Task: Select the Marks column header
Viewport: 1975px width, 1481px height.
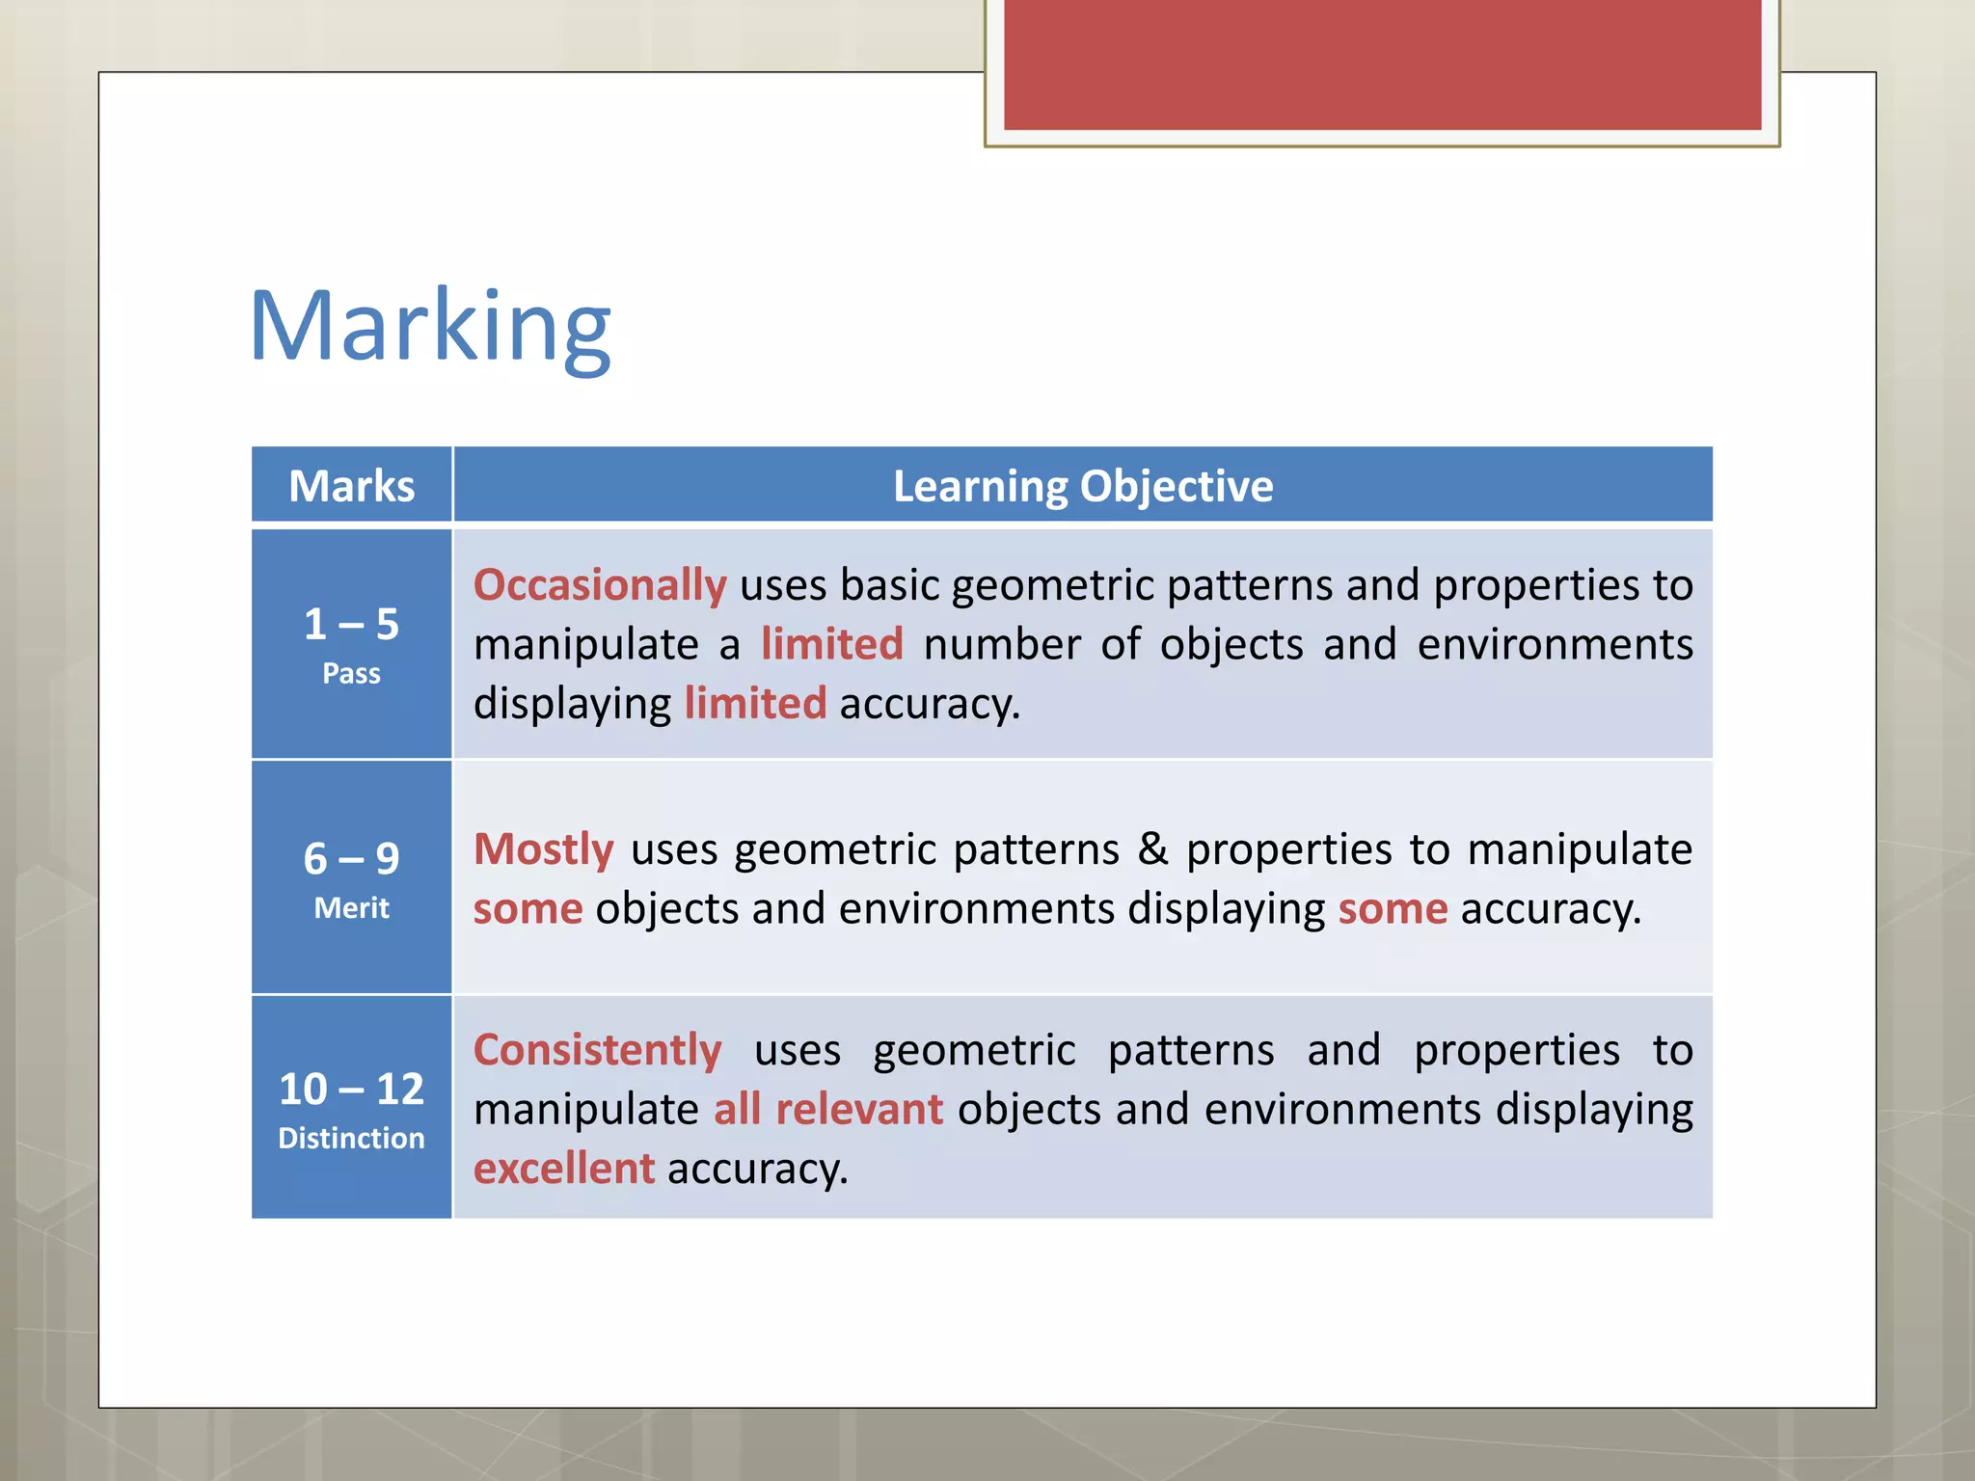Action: pos(351,486)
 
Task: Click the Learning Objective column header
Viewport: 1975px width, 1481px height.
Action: pos(1082,486)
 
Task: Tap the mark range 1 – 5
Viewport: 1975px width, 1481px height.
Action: pos(351,624)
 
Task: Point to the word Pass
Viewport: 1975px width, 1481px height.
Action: pos(351,673)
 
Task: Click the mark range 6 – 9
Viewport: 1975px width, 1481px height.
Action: pos(351,858)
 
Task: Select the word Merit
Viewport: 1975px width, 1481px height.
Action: pos(351,907)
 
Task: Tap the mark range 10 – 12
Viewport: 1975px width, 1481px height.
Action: pos(351,1089)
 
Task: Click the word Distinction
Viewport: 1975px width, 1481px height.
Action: pos(351,1138)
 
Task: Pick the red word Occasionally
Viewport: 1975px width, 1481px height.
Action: pos(599,585)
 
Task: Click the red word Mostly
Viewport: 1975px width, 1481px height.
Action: pos(543,849)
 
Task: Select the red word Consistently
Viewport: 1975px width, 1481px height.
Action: pos(597,1050)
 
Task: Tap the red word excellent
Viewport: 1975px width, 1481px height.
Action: pos(563,1169)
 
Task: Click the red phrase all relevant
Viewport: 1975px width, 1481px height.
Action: pos(827,1109)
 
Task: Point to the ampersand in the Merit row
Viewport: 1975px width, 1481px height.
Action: pos(1152,849)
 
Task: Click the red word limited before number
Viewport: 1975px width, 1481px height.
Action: pos(831,644)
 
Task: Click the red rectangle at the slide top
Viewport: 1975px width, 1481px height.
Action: pos(1381,64)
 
